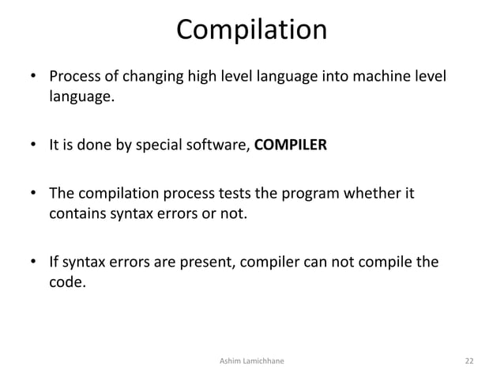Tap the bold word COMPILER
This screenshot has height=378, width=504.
[x=290, y=145]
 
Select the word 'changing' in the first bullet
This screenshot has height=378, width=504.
[x=147, y=78]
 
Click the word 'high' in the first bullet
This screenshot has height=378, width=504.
[x=197, y=78]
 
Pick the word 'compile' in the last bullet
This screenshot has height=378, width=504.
[x=382, y=261]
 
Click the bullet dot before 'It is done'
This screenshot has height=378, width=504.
[x=34, y=146]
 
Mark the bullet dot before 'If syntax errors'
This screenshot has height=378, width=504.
[x=34, y=262]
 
